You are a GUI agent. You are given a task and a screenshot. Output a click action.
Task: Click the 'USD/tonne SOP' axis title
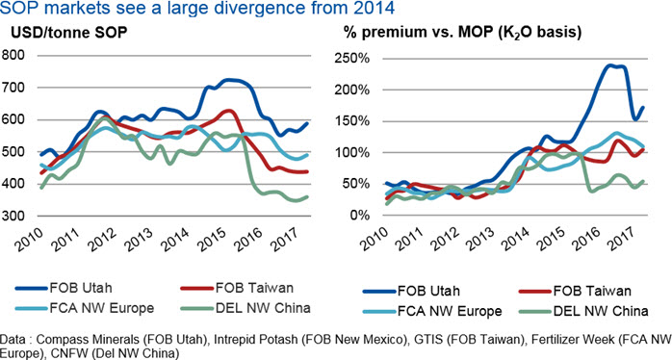click(69, 33)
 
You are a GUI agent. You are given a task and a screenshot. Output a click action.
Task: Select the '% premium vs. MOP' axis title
click(462, 33)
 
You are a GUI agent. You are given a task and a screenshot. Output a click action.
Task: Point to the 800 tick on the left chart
click(13, 55)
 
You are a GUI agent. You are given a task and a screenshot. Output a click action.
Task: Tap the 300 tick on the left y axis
click(13, 216)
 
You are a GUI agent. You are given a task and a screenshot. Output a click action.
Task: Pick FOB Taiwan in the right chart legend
click(592, 291)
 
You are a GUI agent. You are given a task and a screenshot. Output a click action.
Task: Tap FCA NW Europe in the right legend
click(450, 311)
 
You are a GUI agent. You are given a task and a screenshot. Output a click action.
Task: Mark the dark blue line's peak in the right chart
click(609, 65)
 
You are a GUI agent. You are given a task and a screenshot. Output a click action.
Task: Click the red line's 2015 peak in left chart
click(229, 111)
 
